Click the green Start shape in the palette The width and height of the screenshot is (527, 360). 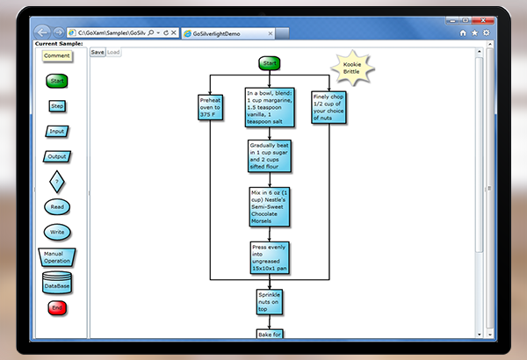click(x=57, y=81)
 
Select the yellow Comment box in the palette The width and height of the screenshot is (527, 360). click(x=57, y=55)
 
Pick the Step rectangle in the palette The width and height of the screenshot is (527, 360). click(x=57, y=106)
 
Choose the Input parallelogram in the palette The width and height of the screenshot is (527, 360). click(x=57, y=132)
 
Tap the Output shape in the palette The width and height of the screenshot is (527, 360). click(x=57, y=157)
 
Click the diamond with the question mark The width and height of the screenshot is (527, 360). click(x=57, y=183)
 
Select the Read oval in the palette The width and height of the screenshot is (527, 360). click(x=57, y=208)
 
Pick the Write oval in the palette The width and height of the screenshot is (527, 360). click(x=57, y=233)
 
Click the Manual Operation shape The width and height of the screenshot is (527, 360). click(x=57, y=257)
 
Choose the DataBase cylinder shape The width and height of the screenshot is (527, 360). click(x=57, y=283)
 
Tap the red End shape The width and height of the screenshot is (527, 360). click(x=57, y=308)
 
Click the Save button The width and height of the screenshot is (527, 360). click(x=97, y=52)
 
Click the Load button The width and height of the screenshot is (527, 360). click(x=114, y=52)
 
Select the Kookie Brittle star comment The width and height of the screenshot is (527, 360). click(x=351, y=68)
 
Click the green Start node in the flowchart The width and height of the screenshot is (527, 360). click(x=269, y=63)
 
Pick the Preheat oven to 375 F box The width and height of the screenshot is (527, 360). click(x=212, y=106)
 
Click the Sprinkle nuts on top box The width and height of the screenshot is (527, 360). click(x=269, y=302)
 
